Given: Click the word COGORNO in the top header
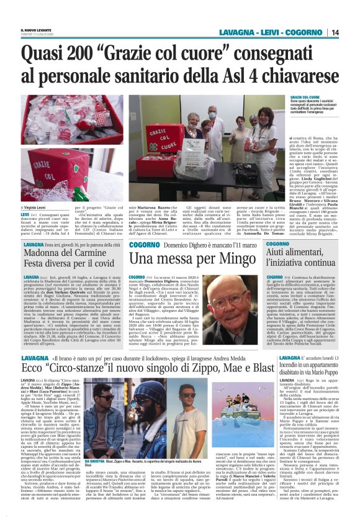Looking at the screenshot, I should [310, 32].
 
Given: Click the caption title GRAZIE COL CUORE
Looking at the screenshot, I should [305, 98].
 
